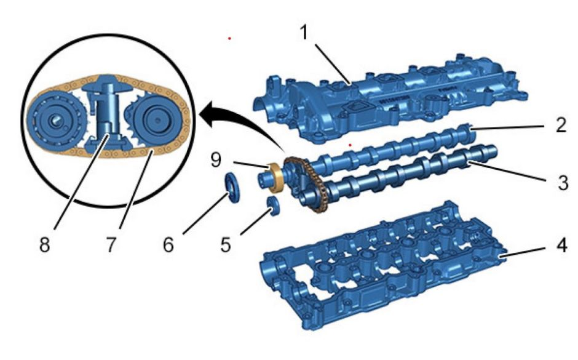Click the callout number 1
pos(304,33)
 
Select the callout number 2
pos(561,125)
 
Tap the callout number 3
pos(563,182)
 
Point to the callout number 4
pos(561,246)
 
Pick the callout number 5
pos(226,244)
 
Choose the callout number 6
pos(168,244)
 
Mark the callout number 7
pos(111,244)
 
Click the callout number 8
pos(45,244)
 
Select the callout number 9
pos(216,159)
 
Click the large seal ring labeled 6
pos(232,186)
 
